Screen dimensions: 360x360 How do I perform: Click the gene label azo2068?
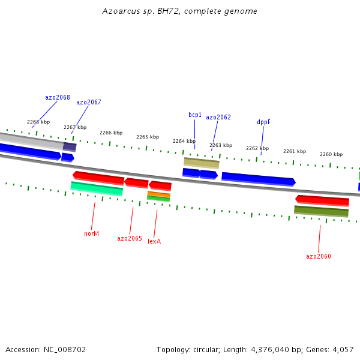tap(57, 97)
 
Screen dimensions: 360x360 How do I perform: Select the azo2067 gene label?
tap(88, 103)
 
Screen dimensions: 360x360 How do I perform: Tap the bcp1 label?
tap(194, 115)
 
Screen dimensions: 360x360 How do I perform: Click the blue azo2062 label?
tap(218, 118)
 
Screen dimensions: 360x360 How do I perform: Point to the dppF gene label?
tap(263, 122)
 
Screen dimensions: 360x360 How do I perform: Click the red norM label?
tap(91, 233)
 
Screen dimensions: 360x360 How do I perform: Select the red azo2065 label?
tap(129, 239)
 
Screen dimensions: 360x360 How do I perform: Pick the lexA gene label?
tap(154, 242)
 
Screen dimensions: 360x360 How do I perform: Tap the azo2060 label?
tap(318, 257)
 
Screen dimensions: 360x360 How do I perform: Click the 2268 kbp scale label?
tap(38, 122)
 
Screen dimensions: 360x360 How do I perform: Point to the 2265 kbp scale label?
tap(148, 137)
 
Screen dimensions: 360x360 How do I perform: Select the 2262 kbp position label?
tap(257, 148)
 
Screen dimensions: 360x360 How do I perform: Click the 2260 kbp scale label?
tap(331, 154)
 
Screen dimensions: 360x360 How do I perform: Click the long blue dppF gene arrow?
tap(258, 179)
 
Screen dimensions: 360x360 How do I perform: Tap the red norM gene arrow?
tap(98, 178)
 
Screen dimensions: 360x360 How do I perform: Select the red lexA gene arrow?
tap(160, 185)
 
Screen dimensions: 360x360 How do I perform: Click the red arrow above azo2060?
tap(322, 200)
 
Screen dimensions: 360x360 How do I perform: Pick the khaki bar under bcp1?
tap(201, 163)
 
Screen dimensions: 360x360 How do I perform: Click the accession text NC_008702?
tap(46, 349)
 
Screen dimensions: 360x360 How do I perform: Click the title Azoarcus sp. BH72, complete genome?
tap(179, 11)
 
